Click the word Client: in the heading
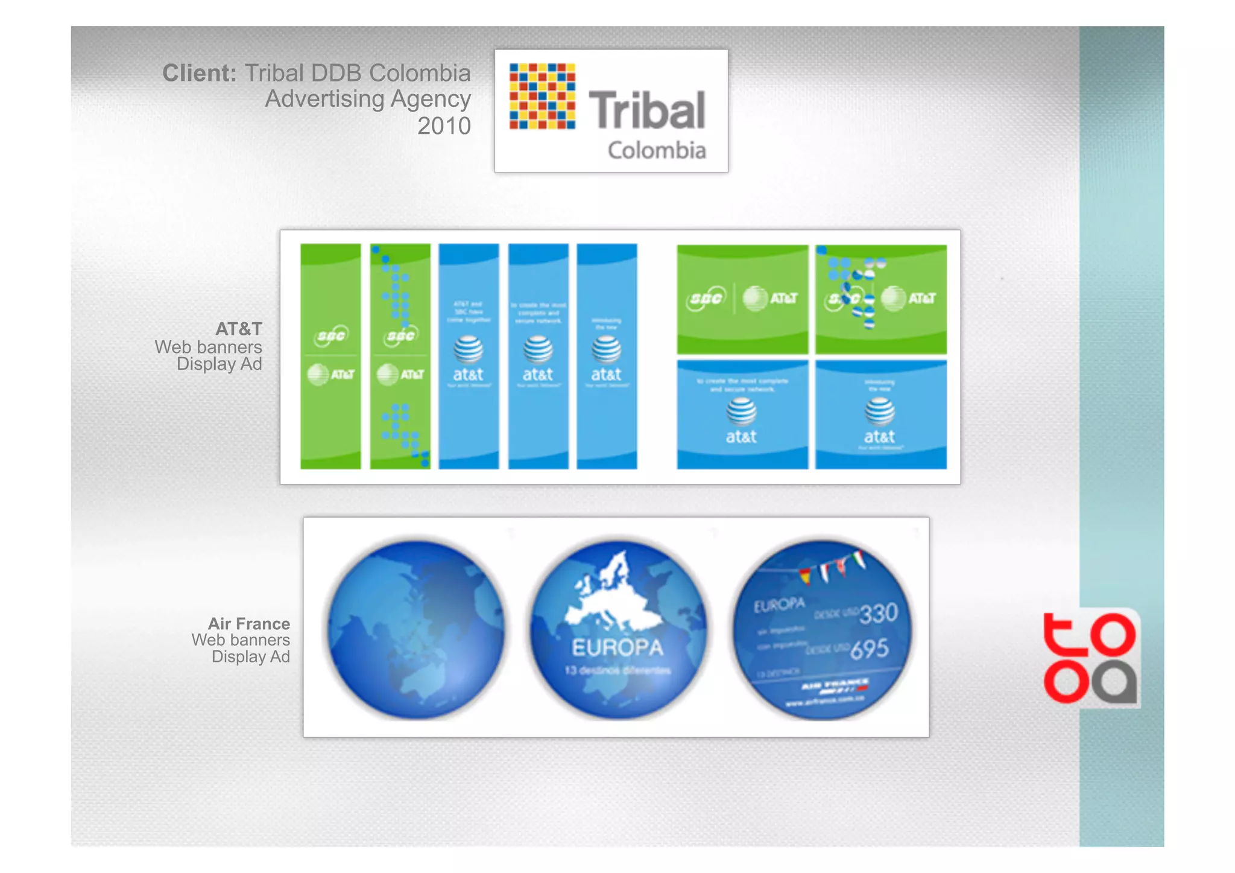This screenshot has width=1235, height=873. pos(199,73)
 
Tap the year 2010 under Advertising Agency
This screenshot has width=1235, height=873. pos(444,126)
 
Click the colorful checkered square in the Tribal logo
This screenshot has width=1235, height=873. pos(542,97)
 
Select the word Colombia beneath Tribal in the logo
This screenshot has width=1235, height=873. pos(657,150)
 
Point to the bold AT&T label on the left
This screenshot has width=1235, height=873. pos(239,329)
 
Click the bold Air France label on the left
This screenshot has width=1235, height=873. pos(249,623)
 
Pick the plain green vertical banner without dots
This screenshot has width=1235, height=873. pos(330,356)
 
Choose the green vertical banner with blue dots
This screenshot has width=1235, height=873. pos(400,356)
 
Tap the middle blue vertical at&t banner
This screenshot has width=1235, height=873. pos(538,356)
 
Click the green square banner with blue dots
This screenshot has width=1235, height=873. pos(880,299)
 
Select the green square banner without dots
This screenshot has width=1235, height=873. pos(742,299)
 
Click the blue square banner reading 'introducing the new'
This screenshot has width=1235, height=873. pos(880,414)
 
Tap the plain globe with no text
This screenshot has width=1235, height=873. pos(417,629)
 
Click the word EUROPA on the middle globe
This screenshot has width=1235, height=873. pos(617,648)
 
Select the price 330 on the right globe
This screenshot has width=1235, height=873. pos(879,613)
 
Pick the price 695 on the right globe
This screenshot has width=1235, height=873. pos(870,649)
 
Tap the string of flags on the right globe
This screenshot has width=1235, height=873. pos(832,567)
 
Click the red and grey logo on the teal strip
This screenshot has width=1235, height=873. pos(1090,658)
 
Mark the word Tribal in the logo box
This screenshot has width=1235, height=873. pos(646,110)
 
